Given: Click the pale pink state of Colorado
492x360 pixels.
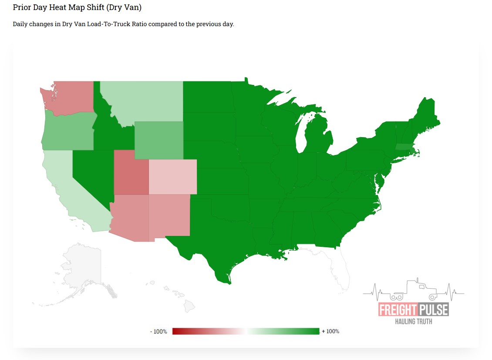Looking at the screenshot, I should click(x=173, y=176).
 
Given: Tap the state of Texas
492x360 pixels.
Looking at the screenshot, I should click(x=213, y=244).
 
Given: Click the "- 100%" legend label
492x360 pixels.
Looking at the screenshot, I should click(x=158, y=332).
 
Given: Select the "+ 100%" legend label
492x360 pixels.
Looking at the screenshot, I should click(x=330, y=331).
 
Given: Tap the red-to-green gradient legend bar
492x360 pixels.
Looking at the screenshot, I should click(x=246, y=331).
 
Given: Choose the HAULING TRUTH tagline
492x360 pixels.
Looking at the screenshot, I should click(x=413, y=321).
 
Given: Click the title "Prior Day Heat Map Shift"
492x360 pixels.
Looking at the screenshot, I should click(x=77, y=7).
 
